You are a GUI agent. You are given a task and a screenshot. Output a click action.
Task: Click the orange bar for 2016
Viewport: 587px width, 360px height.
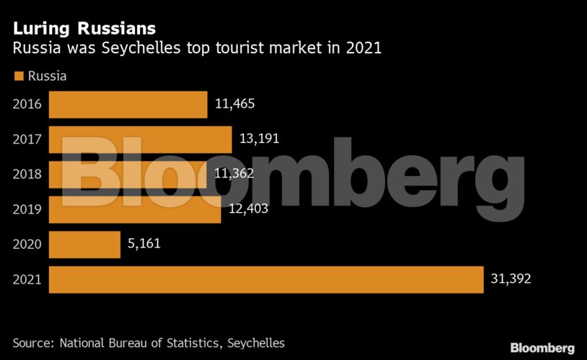pos(128,105)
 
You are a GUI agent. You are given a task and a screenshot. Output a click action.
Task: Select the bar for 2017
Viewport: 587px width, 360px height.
pos(140,139)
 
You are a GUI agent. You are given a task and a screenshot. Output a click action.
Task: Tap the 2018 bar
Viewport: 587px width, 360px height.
pos(127,174)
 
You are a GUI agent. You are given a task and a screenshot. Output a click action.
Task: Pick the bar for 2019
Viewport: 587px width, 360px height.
pos(134,209)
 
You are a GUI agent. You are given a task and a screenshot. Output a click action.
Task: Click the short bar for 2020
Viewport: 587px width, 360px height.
pos(84,244)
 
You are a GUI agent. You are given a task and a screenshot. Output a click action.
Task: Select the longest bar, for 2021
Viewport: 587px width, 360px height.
pos(265,279)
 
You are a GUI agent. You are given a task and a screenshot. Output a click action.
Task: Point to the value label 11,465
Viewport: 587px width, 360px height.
pos(235,104)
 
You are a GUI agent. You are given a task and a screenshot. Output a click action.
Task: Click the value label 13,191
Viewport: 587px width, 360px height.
pos(259,139)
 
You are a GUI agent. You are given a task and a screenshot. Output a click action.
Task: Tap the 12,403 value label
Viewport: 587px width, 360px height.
pos(248,208)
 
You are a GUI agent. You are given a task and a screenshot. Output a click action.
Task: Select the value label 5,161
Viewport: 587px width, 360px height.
pos(144,243)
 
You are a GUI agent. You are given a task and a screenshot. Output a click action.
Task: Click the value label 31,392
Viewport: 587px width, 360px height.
pos(510,278)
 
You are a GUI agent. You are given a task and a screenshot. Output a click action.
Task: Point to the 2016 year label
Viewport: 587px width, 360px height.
pos(27,105)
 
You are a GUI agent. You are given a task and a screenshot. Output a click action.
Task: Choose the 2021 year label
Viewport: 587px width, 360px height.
pos(27,279)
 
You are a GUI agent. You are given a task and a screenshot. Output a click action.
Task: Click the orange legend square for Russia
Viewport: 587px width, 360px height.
pos(19,76)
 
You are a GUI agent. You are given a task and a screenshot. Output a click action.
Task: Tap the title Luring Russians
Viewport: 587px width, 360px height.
pos(84,29)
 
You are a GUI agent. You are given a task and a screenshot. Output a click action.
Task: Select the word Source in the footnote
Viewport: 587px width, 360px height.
pos(33,343)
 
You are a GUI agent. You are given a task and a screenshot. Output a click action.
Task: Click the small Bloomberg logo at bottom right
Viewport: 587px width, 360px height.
pos(542,348)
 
